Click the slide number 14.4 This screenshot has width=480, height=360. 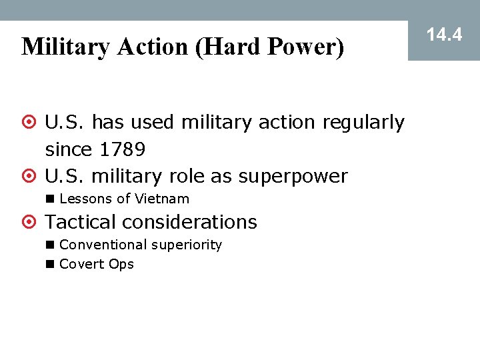pos(444,35)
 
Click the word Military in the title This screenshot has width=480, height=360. pos(65,47)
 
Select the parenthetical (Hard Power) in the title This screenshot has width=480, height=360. pos(270,47)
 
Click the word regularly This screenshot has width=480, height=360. pos(363,123)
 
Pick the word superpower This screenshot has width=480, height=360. pos(293,176)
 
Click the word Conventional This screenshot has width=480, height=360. pos(103,245)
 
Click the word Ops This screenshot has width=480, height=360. pos(121,264)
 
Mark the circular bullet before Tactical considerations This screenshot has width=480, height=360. pos(29,222)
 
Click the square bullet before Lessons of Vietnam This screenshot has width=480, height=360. pos(50,199)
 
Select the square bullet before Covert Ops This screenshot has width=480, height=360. pos(50,264)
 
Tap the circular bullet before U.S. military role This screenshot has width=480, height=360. pos(29,177)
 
